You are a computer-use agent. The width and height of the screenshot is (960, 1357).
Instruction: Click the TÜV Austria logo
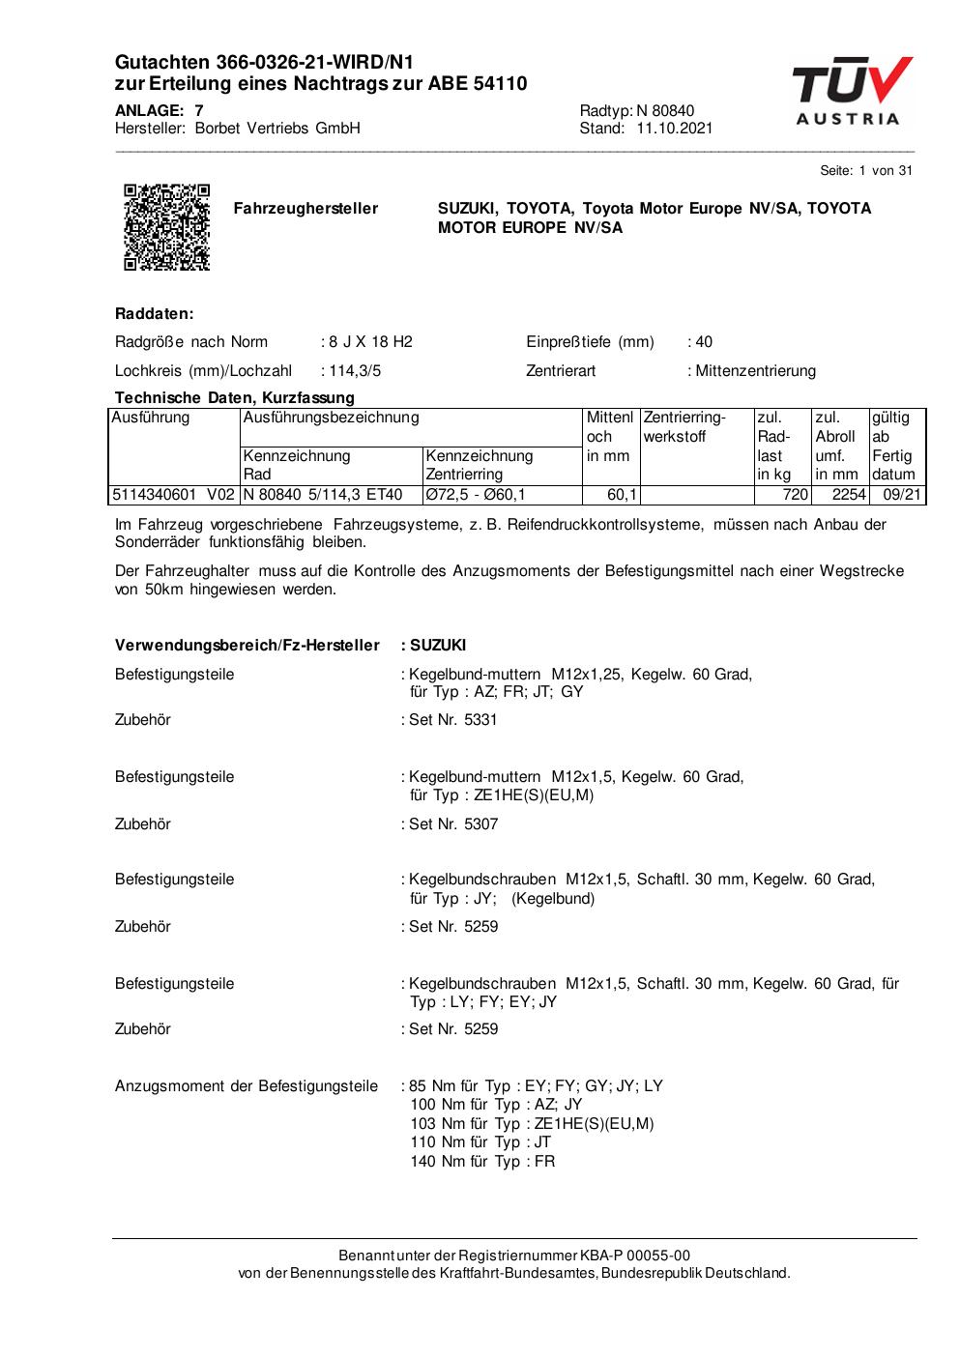tap(850, 92)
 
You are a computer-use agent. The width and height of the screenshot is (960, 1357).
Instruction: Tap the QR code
tap(166, 227)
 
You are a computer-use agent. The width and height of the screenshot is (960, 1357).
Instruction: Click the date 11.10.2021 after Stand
tap(674, 129)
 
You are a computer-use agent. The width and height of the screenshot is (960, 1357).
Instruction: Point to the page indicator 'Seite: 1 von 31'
tap(865, 171)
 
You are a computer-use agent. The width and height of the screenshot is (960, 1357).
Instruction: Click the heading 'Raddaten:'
tap(155, 314)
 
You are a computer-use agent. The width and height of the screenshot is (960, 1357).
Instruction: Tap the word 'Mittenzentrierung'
tap(755, 371)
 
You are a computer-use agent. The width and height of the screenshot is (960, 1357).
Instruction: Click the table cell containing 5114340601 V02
tap(173, 495)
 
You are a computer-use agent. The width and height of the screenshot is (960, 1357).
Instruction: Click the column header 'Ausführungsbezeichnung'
tap(331, 418)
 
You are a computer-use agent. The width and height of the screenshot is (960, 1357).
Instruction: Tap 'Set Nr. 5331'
tap(453, 720)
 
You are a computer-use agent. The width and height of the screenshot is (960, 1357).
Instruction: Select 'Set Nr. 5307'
tap(453, 824)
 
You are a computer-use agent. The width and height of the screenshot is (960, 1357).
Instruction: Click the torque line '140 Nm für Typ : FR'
tap(482, 1162)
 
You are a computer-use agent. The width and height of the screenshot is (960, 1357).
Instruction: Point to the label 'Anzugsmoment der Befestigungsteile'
tap(247, 1086)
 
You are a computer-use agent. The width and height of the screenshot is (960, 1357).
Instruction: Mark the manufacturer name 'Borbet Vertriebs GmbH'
tap(277, 129)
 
